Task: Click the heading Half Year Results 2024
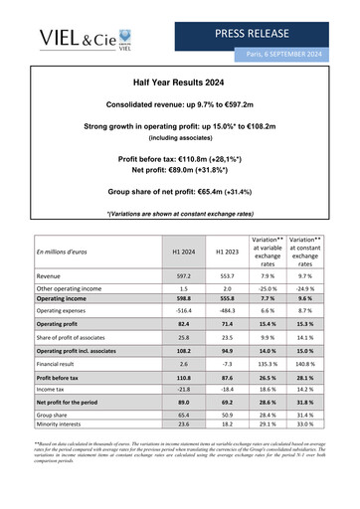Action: coord(180,85)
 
